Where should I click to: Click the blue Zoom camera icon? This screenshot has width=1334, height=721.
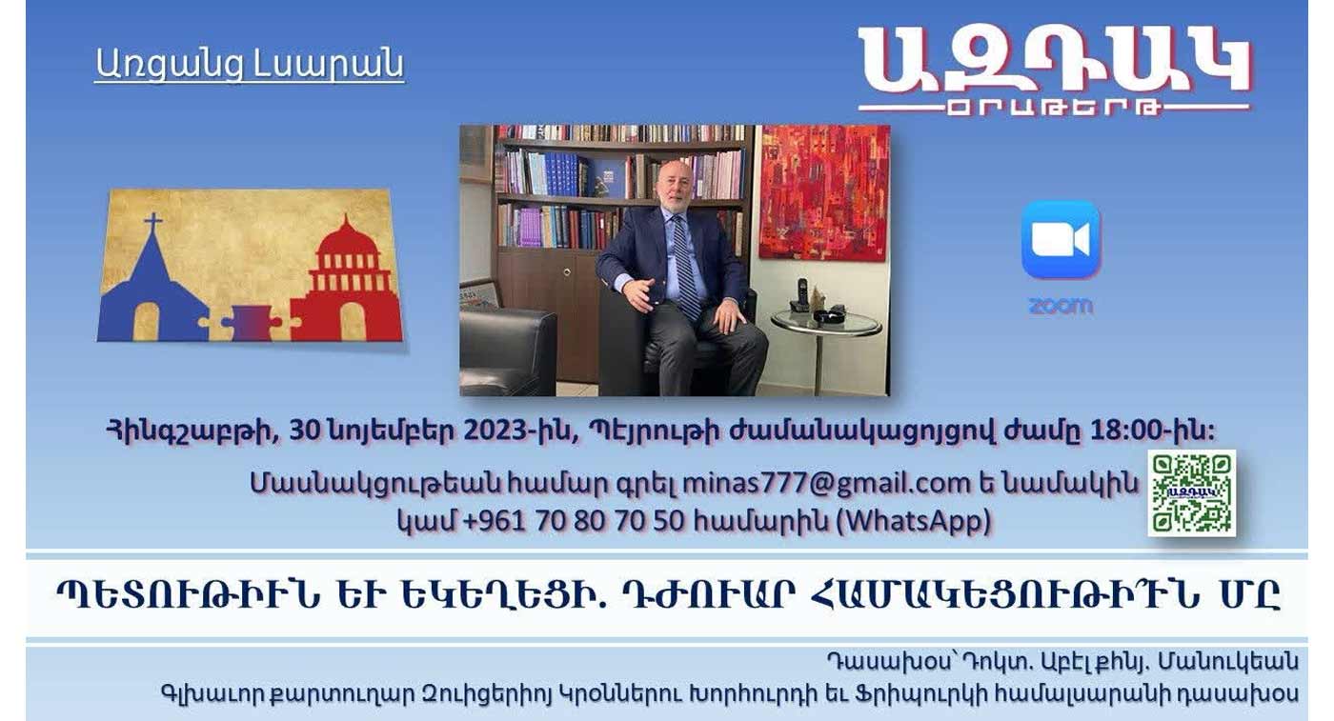coord(1061,239)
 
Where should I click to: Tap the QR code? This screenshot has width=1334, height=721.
coord(1192,493)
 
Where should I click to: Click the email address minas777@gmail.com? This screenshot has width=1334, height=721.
coord(826,483)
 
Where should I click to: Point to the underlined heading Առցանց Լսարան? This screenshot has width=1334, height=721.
coord(250,64)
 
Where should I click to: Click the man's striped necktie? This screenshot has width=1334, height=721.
coord(685,267)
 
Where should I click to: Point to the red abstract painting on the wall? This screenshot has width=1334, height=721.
coord(824,192)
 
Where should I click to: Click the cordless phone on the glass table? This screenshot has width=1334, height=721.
coord(801,295)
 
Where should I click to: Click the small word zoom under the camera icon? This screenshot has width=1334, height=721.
coord(1061,306)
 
